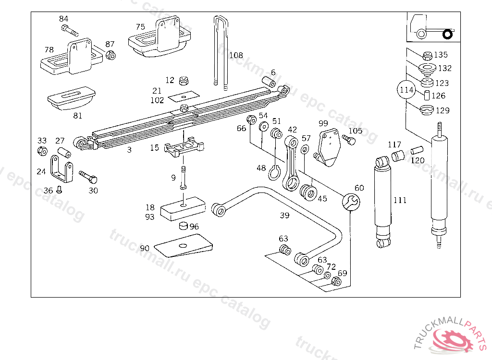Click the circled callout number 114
pyautogui.click(x=406, y=90)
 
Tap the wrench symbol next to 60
pyautogui.click(x=351, y=202)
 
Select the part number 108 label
pyautogui.click(x=236, y=55)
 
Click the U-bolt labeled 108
pyautogui.click(x=221, y=50)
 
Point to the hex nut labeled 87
pyautogui.click(x=111, y=55)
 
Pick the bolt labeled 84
pyautogui.click(x=70, y=31)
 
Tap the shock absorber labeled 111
pyautogui.click(x=383, y=202)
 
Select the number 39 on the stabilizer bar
pyautogui.click(x=284, y=215)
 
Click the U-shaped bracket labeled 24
pyautogui.click(x=61, y=168)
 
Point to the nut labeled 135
pyautogui.click(x=427, y=56)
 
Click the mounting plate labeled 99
pyautogui.click(x=328, y=148)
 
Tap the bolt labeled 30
pyautogui.click(x=88, y=177)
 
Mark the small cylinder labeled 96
pyautogui.click(x=183, y=226)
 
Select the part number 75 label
pyautogui.click(x=140, y=27)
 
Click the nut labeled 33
pyautogui.click(x=42, y=151)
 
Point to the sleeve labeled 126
pyautogui.click(x=427, y=96)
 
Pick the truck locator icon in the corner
pyautogui.click(x=434, y=27)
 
